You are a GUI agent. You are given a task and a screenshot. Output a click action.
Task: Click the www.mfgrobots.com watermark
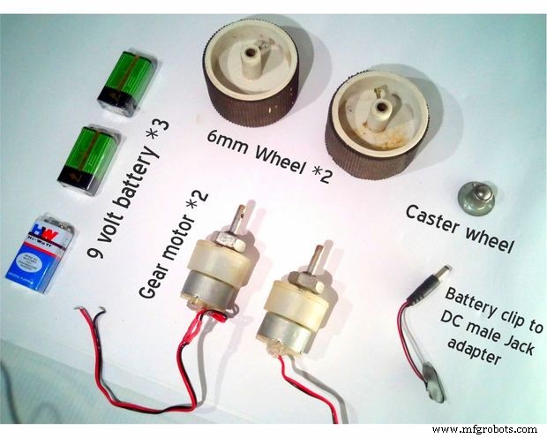click(484, 429)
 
